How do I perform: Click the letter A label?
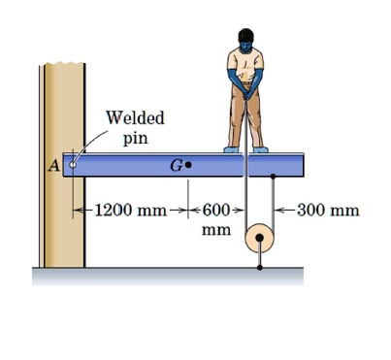pyautogui.click(x=54, y=166)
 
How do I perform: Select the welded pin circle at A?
pyautogui.click(x=71, y=165)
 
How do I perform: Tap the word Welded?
pyautogui.click(x=135, y=118)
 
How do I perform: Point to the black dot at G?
pyautogui.click(x=188, y=165)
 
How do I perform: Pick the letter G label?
pyautogui.click(x=176, y=165)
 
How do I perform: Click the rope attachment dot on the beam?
pyautogui.click(x=274, y=177)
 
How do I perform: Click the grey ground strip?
pyautogui.click(x=165, y=278)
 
